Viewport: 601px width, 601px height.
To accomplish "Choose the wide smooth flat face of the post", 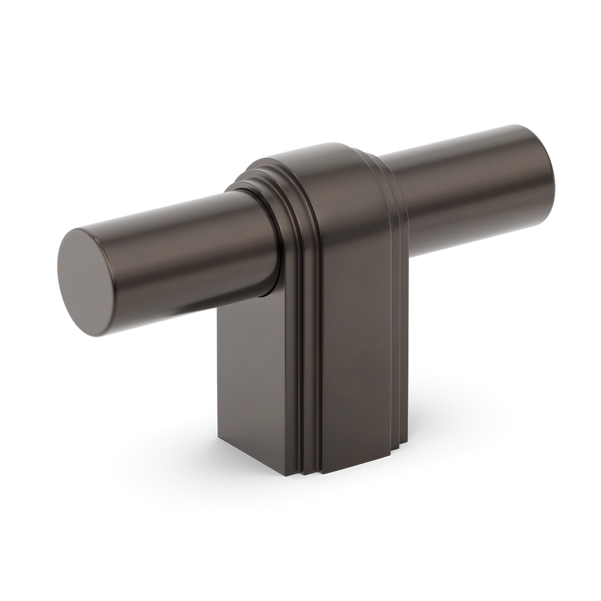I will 351,312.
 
